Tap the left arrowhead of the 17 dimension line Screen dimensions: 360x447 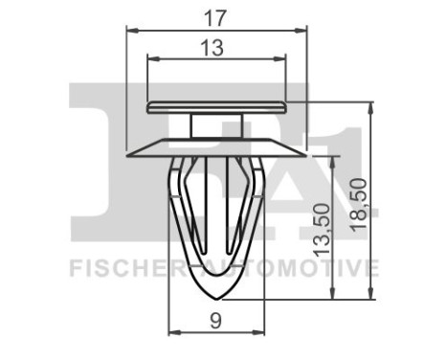132,31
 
